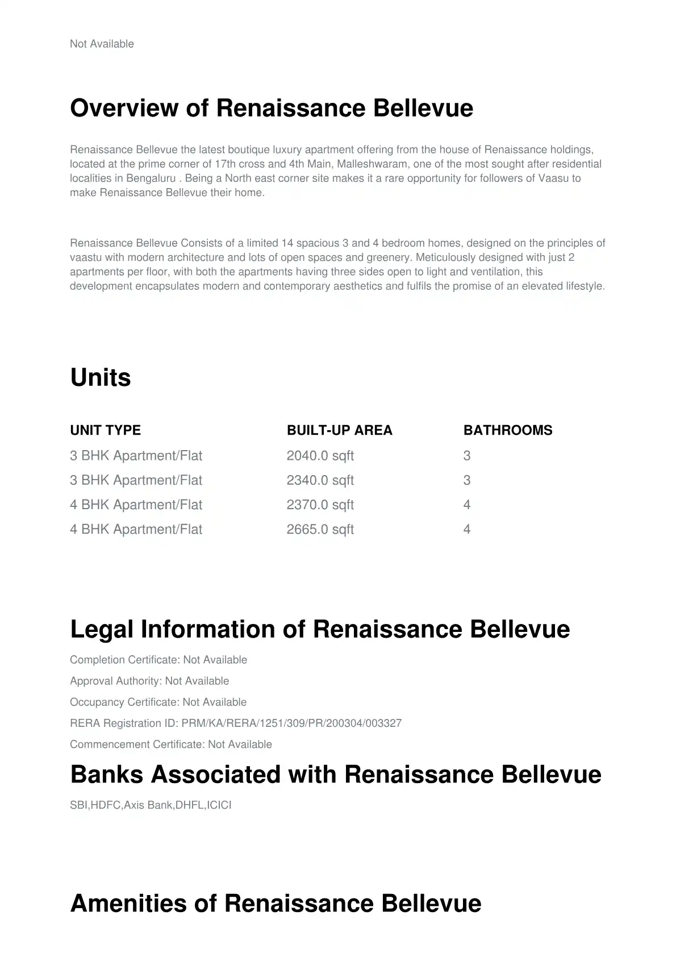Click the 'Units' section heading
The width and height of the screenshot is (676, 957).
101,378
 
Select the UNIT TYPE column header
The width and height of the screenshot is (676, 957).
105,430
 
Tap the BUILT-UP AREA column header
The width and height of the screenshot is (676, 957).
339,430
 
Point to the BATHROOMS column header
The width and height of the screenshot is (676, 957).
507,430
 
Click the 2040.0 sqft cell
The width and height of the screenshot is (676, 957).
320,456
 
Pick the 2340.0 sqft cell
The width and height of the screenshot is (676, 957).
320,480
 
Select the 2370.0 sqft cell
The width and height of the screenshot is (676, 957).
320,505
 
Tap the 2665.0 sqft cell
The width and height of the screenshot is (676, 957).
320,530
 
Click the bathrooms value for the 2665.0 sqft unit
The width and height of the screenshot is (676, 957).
467,530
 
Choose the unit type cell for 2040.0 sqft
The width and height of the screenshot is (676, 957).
136,456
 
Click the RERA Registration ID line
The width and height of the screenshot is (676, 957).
235,723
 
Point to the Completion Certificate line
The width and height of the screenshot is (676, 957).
158,660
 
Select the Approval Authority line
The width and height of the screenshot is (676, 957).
149,681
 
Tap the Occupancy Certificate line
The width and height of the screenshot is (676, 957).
158,702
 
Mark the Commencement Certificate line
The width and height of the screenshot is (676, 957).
170,744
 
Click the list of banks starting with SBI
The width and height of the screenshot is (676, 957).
151,805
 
